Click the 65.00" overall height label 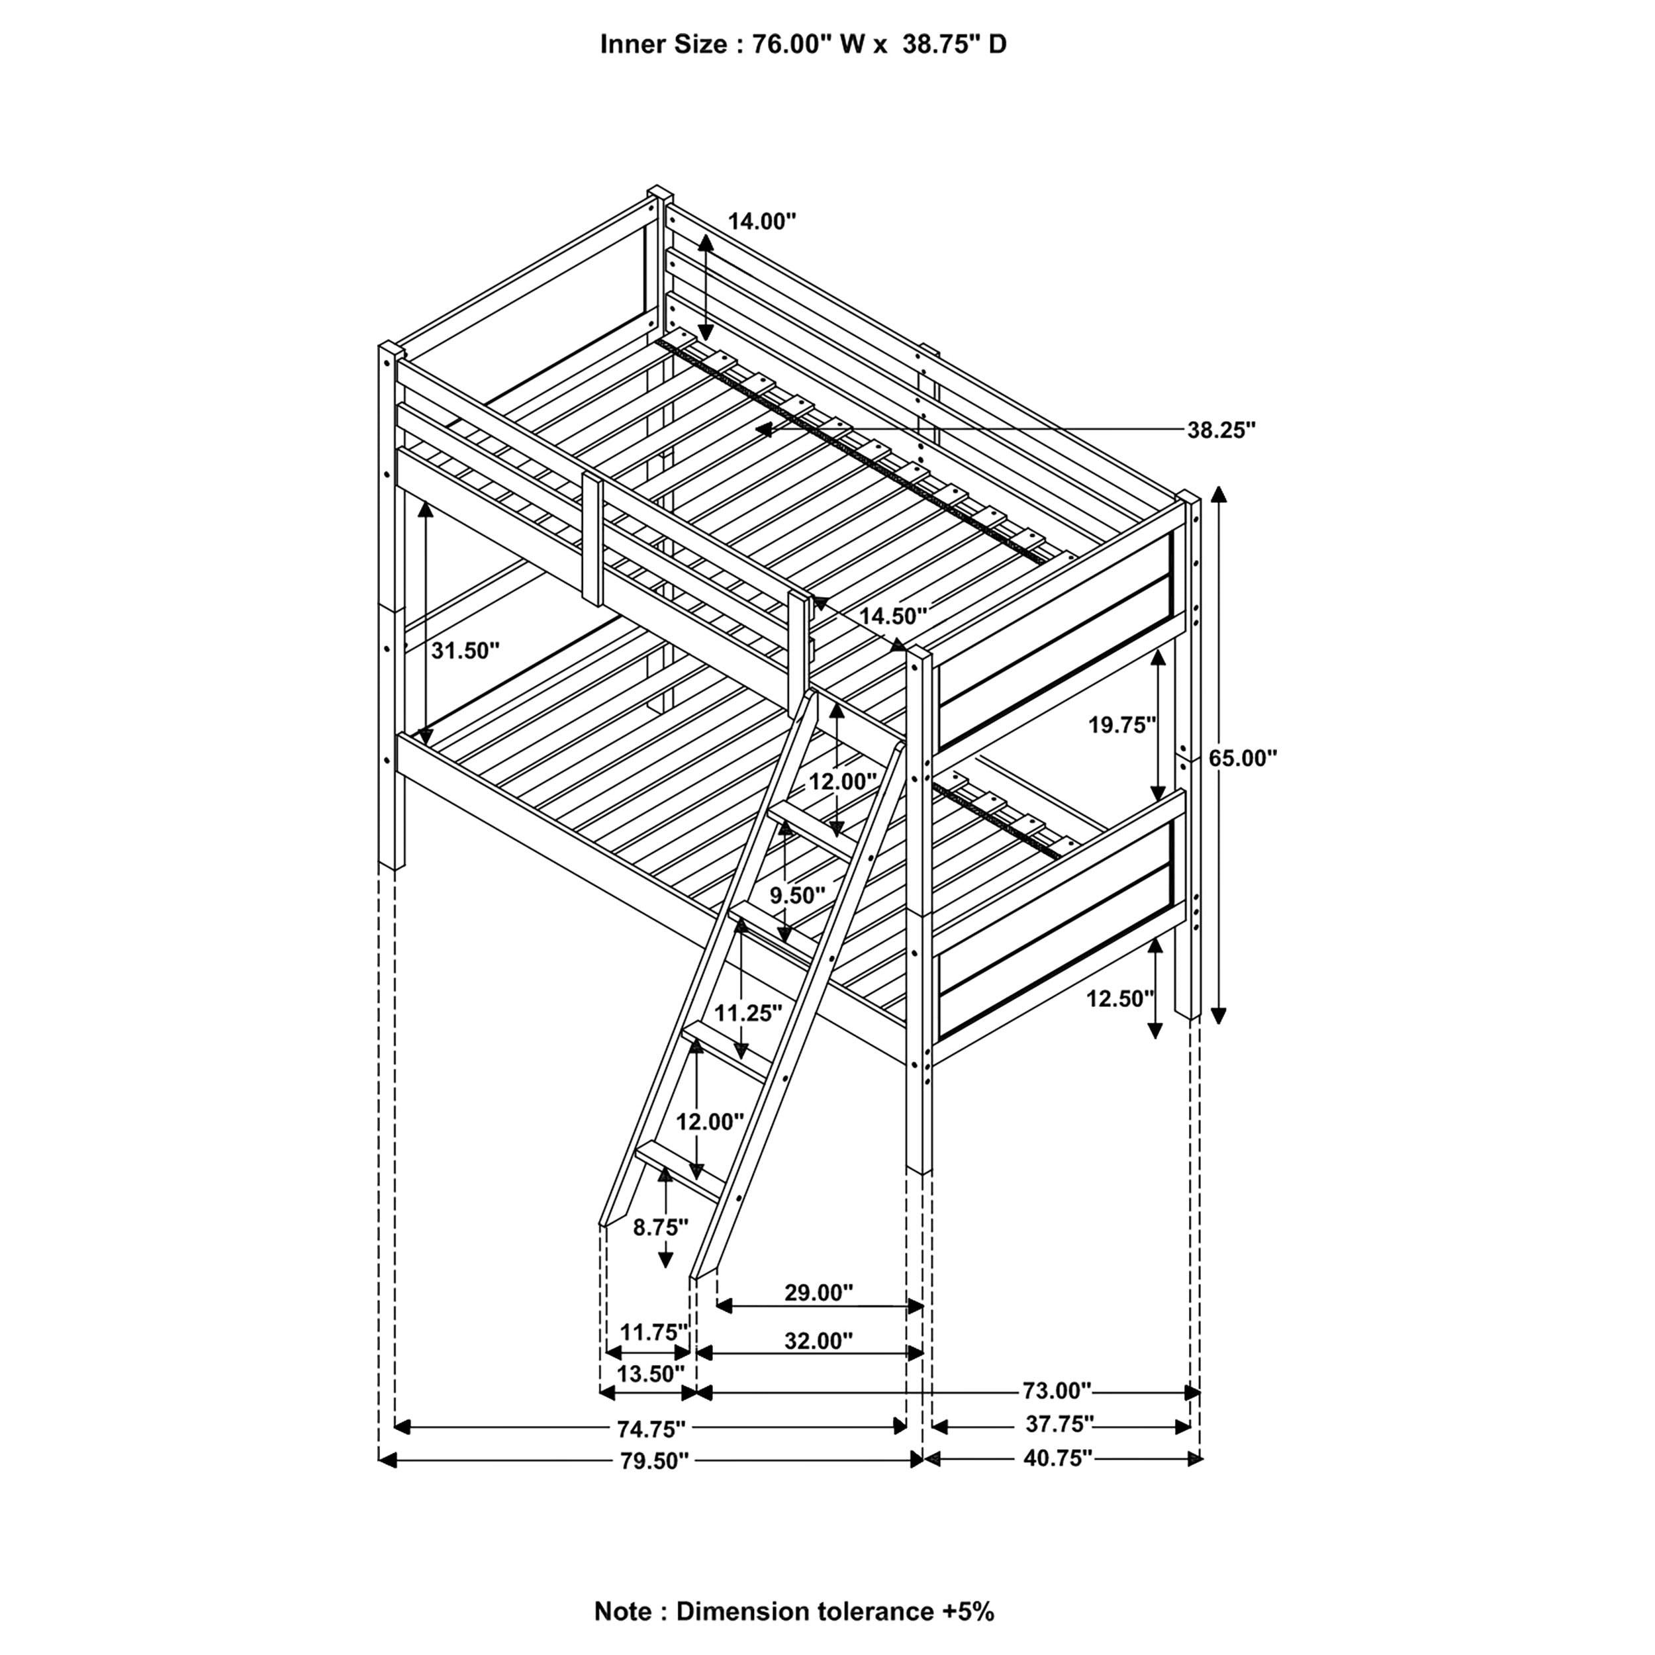[x=1242, y=758]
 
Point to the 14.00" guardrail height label [x=761, y=222]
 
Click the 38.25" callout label [x=1221, y=430]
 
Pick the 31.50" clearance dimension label [x=464, y=651]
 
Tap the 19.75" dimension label [x=1122, y=726]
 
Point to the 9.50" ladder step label [x=796, y=895]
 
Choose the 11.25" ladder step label [x=748, y=1014]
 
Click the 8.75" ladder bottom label [x=661, y=1227]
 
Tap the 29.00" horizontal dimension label [x=819, y=1293]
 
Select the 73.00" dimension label [x=1057, y=1390]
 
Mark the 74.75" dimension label [x=651, y=1429]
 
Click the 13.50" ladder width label [x=651, y=1374]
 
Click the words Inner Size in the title [x=663, y=44]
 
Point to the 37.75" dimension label [x=1060, y=1424]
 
